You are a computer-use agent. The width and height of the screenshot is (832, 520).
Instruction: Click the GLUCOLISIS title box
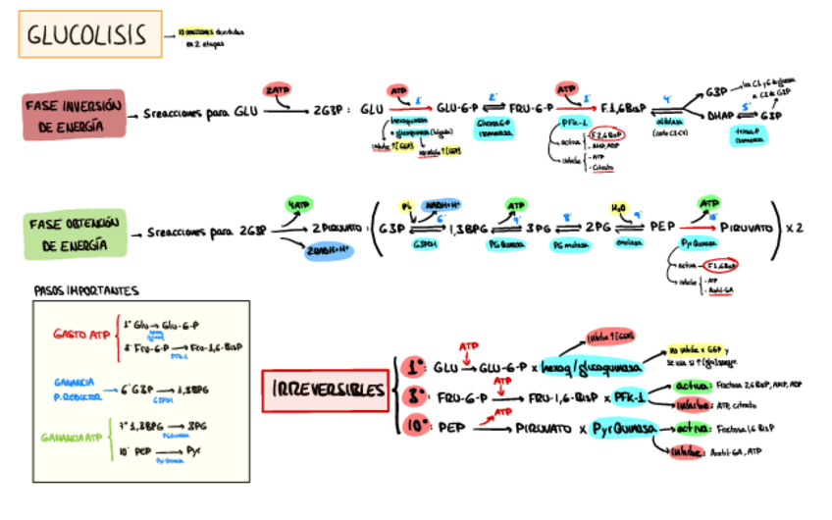coord(89,37)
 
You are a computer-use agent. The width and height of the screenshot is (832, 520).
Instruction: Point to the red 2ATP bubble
coord(279,90)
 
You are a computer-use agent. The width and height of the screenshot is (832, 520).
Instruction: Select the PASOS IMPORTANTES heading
coord(86,290)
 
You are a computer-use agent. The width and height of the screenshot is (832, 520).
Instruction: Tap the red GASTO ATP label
coord(80,335)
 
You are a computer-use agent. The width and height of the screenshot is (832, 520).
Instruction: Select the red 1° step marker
coord(414,367)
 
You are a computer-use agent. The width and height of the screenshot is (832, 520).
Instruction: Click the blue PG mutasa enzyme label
coord(570,247)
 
